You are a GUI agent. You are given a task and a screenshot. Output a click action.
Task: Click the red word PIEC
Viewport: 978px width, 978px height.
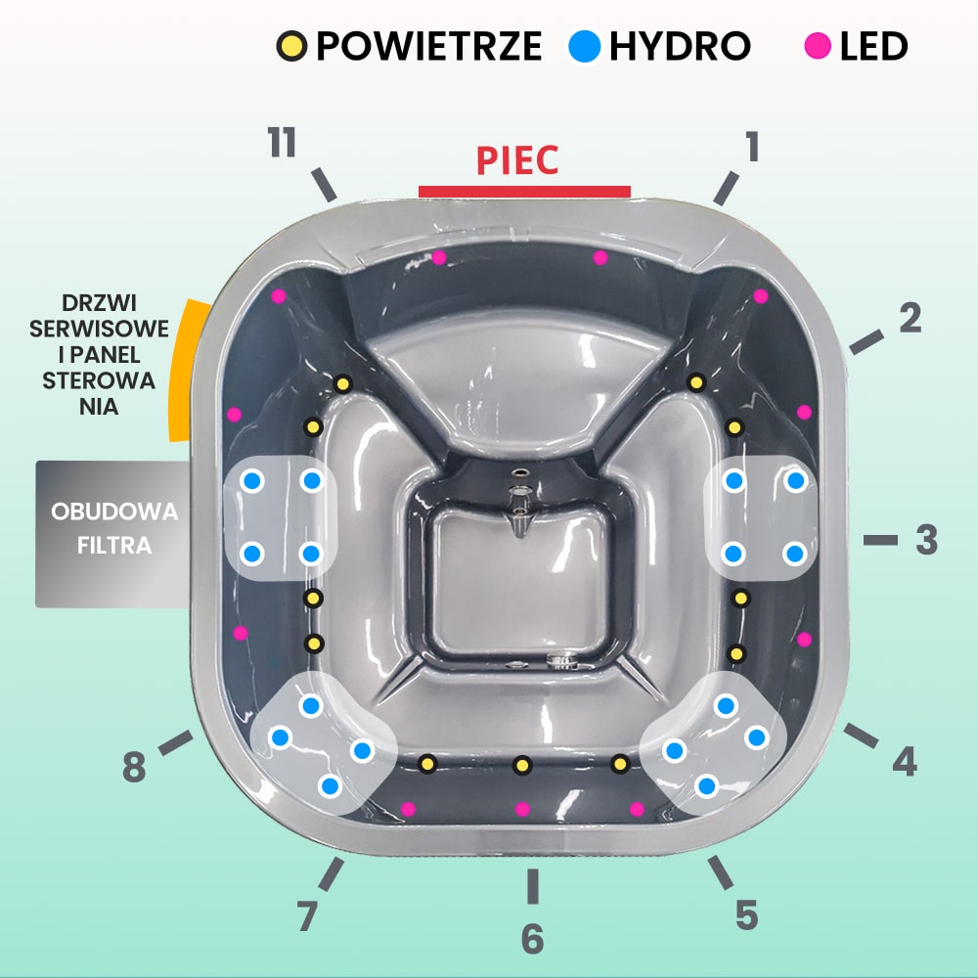517,160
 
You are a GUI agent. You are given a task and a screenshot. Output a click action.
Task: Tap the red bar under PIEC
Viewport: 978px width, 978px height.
524,191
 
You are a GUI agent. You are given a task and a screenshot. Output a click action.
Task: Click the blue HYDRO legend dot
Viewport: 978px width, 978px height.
584,46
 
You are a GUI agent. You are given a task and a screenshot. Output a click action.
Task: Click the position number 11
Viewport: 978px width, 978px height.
282,144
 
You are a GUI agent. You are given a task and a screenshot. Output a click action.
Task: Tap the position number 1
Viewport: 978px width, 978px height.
751,147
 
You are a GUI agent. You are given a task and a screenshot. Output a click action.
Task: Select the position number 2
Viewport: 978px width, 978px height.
910,318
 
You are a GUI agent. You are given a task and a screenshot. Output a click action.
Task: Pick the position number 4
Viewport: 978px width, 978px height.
904,761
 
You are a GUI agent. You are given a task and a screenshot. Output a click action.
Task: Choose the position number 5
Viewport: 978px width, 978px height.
746,915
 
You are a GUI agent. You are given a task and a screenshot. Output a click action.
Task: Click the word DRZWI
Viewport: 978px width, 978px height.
99,302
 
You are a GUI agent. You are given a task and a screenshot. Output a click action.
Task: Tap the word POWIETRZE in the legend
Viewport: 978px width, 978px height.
428,46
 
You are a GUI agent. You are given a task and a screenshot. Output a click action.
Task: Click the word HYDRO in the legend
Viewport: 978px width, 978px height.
680,46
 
